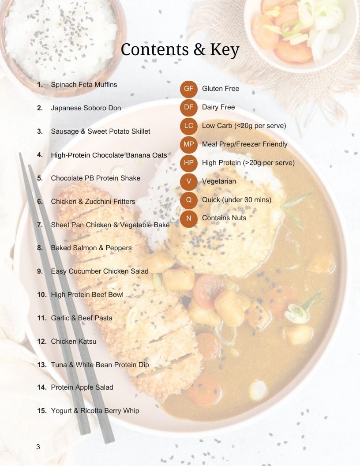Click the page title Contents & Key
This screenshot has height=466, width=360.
tap(180, 49)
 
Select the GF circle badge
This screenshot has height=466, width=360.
tap(189, 89)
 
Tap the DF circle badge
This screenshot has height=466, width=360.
tap(189, 107)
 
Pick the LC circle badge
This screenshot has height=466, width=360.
tap(189, 126)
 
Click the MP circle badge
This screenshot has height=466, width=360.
tap(189, 144)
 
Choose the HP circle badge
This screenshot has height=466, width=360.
tap(189, 163)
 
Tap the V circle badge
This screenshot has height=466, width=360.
tap(189, 181)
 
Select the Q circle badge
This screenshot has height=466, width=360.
tap(189, 200)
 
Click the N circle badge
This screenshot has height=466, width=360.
tap(189, 218)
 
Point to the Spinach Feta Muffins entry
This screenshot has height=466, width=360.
tap(84, 85)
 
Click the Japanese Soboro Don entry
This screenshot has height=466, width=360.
tap(86, 108)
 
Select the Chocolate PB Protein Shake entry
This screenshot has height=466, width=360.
tap(96, 178)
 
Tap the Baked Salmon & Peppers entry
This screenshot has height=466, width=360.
tap(91, 248)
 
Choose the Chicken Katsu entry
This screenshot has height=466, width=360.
tap(74, 341)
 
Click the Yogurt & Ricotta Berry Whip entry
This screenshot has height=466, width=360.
tap(95, 411)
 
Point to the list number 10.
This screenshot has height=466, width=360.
tap(42, 294)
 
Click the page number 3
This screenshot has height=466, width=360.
tap(38, 447)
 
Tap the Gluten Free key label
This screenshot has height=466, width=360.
tap(221, 89)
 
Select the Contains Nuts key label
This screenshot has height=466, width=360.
tap(224, 218)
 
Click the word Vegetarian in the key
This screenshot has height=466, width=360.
tap(219, 181)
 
